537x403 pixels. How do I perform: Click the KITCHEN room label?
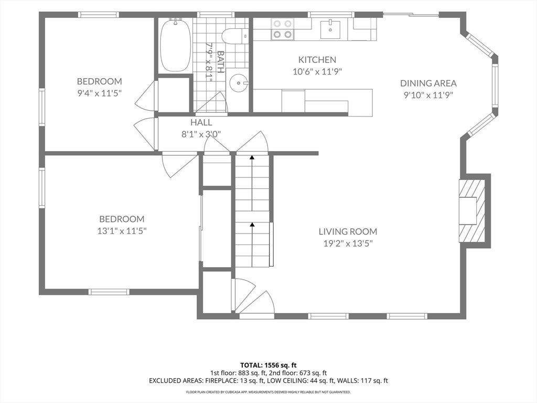pyautogui.click(x=317, y=60)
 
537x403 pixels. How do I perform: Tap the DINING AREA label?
pyautogui.click(x=428, y=83)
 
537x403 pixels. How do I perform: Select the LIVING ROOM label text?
pyautogui.click(x=348, y=231)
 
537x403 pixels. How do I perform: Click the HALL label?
pyautogui.click(x=201, y=122)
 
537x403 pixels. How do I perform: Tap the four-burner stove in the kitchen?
pyautogui.click(x=283, y=29)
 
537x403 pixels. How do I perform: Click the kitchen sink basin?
pyautogui.click(x=330, y=29)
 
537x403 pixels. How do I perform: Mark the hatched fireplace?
pyautogui.click(x=472, y=211)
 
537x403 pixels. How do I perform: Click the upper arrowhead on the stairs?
pyautogui.click(x=252, y=157)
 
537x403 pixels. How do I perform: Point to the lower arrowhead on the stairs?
pyautogui.click(x=252, y=225)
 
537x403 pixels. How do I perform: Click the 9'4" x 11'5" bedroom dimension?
pyautogui.click(x=100, y=93)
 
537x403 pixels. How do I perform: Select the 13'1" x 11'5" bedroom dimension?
pyautogui.click(x=122, y=231)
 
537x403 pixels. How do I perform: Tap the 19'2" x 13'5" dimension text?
pyautogui.click(x=348, y=243)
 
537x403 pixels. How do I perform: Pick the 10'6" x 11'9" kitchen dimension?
pyautogui.click(x=317, y=71)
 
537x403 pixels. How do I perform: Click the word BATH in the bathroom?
pyautogui.click(x=221, y=62)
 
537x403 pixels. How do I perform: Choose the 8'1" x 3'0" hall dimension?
pyautogui.click(x=201, y=134)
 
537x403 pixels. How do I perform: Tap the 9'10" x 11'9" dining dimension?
pyautogui.click(x=428, y=95)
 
